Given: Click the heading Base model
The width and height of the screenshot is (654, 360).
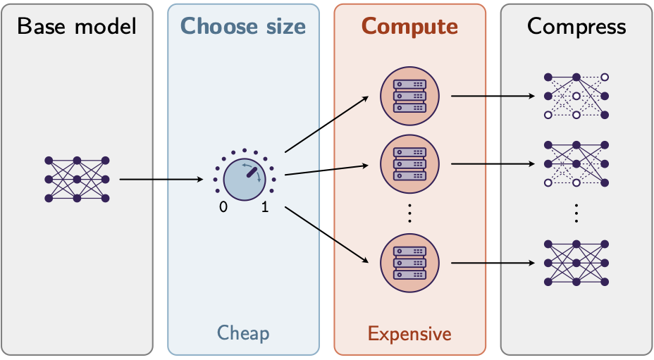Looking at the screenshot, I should (x=76, y=27).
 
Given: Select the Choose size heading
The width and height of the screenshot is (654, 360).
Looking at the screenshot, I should (x=243, y=27).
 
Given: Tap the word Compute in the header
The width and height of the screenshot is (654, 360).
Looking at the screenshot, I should (x=409, y=27).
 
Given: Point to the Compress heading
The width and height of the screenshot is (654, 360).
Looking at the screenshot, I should (x=576, y=27).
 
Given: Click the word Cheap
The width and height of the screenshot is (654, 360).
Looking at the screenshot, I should (x=243, y=332).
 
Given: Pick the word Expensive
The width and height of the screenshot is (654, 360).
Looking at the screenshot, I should (x=409, y=332).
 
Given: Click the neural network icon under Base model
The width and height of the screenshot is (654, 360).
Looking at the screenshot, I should (x=77, y=179).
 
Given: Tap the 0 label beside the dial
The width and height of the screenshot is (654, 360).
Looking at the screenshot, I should (x=223, y=207).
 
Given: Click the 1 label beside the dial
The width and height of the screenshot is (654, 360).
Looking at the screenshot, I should (x=265, y=207).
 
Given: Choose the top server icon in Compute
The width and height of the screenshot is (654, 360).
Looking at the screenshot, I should (x=410, y=95).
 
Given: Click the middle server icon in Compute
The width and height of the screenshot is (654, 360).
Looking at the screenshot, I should (x=410, y=163).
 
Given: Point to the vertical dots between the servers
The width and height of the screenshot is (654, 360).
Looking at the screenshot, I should (x=410, y=213).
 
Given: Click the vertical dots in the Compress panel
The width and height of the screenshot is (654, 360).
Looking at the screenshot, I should (x=576, y=213).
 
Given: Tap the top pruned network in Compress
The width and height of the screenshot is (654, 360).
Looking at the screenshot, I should (x=576, y=95).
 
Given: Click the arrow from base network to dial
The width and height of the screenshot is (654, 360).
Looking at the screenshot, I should (x=161, y=180).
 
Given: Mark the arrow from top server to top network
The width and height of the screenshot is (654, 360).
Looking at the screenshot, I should (x=493, y=95).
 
